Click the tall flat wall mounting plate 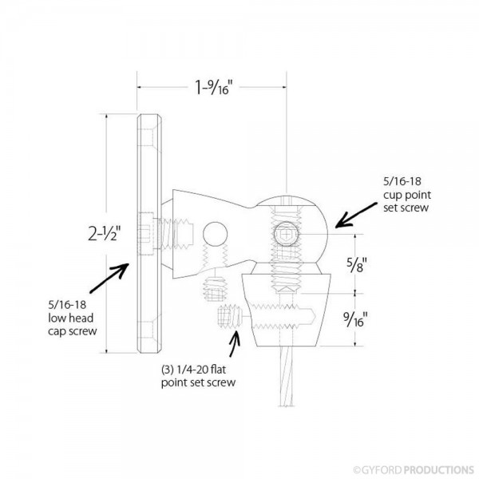click(x=148, y=236)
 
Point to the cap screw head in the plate click(x=144, y=236)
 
